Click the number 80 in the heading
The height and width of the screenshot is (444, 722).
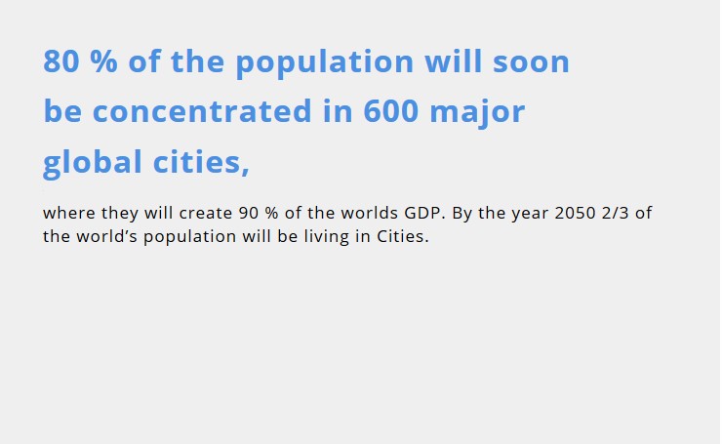click(61, 61)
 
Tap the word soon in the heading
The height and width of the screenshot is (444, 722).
click(531, 61)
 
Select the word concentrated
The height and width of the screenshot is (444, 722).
click(202, 111)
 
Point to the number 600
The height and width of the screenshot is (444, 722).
click(391, 110)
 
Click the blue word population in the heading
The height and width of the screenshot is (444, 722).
click(325, 62)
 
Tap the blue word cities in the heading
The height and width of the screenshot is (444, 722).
click(201, 162)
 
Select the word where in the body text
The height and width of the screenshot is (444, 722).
click(69, 213)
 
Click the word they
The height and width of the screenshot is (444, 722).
click(120, 214)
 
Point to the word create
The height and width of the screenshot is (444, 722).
click(206, 214)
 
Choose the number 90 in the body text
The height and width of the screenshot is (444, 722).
click(249, 213)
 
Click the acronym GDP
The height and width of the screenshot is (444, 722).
click(422, 213)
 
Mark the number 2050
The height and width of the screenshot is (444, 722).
click(575, 213)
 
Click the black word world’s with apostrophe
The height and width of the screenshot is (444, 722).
click(106, 236)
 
